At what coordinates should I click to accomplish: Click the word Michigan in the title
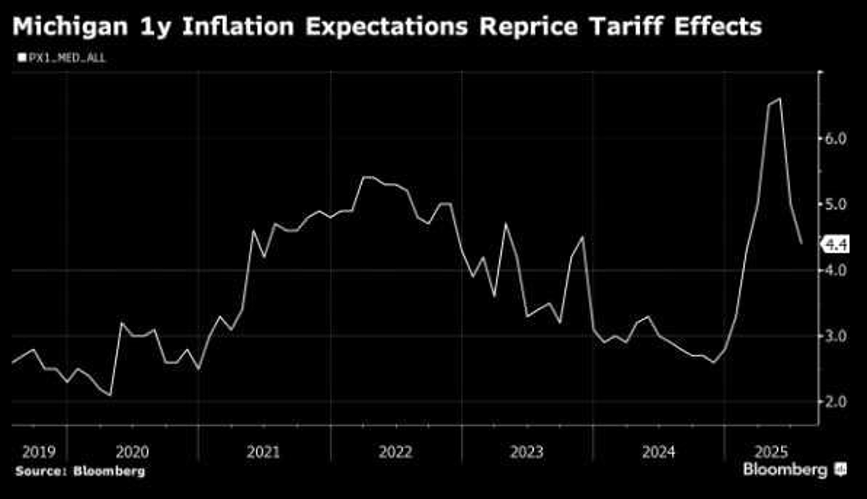point(70,27)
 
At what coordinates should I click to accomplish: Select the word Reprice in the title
point(528,27)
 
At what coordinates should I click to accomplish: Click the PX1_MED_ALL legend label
point(67,58)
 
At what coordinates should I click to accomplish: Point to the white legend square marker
point(21,57)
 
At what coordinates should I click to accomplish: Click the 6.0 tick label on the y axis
point(836,139)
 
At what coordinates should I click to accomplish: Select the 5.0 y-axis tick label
point(836,205)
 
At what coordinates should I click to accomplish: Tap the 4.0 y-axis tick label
point(836,270)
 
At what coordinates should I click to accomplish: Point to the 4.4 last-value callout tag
point(836,245)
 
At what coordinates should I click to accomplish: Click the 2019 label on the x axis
point(39,452)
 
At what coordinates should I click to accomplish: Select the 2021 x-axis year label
point(263,452)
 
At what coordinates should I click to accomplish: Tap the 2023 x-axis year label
point(527,452)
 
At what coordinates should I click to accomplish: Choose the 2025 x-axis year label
point(771,452)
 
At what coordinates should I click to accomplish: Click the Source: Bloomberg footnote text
point(80,471)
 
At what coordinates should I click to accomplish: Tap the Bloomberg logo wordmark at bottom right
point(785,470)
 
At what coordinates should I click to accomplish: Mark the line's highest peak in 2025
point(780,98)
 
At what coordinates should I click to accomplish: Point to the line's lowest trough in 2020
point(110,395)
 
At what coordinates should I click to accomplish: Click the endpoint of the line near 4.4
point(802,244)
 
